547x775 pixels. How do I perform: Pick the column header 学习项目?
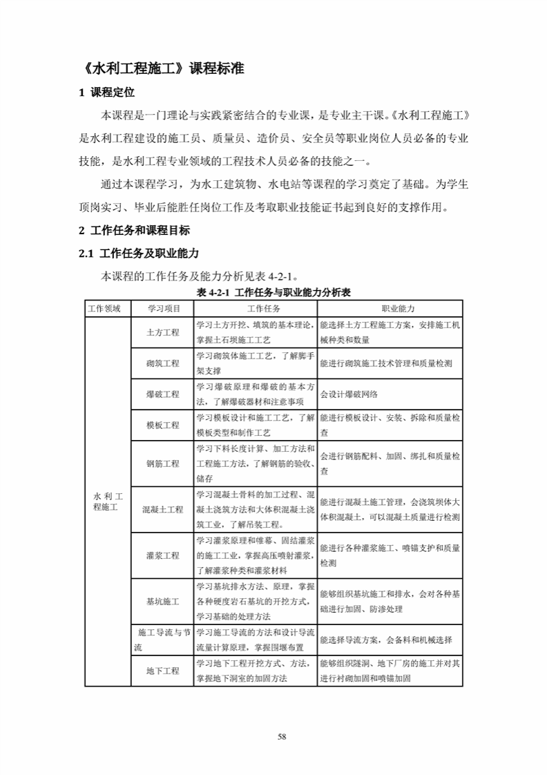pyautogui.click(x=163, y=307)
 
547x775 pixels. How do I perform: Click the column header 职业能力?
pyautogui.click(x=390, y=307)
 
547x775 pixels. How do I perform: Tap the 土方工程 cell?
pyautogui.click(x=163, y=332)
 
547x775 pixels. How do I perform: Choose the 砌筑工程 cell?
pyautogui.click(x=163, y=363)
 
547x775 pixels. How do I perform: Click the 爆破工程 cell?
pyautogui.click(x=163, y=394)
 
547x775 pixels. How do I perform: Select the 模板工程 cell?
pyautogui.click(x=163, y=425)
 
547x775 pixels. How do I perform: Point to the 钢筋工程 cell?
pyautogui.click(x=163, y=463)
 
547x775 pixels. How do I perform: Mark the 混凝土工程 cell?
pyautogui.click(x=163, y=510)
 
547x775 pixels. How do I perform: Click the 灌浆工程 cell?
pyautogui.click(x=163, y=555)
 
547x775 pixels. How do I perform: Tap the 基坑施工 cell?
pyautogui.click(x=163, y=602)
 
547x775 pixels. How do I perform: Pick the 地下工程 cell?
pyautogui.click(x=163, y=671)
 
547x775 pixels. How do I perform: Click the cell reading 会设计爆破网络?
pyautogui.click(x=349, y=394)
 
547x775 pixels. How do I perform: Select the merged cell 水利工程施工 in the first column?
pyautogui.click(x=107, y=501)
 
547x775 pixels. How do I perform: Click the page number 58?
pyautogui.click(x=281, y=736)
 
